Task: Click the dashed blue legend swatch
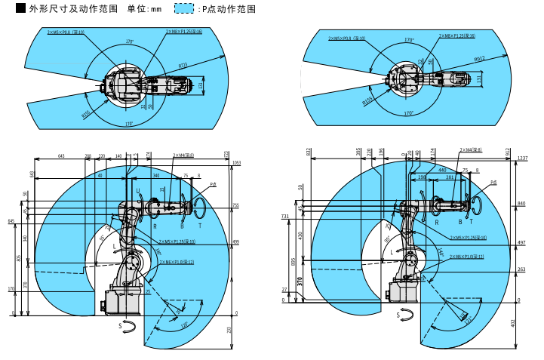click(183, 9)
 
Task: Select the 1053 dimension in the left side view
click(236, 162)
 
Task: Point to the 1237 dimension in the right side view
click(523, 158)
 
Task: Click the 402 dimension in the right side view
click(512, 324)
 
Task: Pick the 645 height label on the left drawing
click(11, 221)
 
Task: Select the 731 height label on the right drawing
click(285, 217)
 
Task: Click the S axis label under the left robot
click(120, 325)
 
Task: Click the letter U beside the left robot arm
click(137, 191)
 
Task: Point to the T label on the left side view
click(200, 226)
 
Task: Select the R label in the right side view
click(436, 222)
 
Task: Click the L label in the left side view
click(115, 247)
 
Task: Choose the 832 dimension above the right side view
click(309, 152)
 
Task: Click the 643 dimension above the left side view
click(61, 156)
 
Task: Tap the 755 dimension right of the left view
click(235, 205)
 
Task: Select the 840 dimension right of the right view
click(521, 204)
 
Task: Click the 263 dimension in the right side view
click(521, 269)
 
